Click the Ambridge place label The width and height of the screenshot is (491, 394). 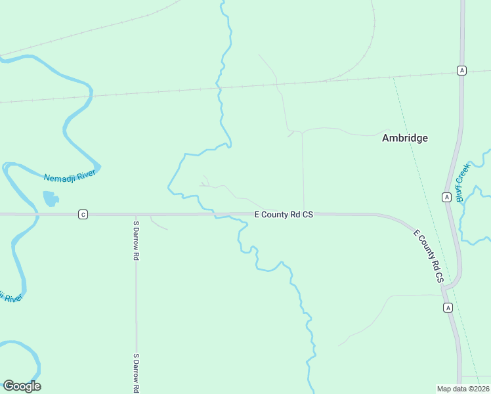click(x=405, y=138)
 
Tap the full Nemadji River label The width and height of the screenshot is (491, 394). click(x=70, y=176)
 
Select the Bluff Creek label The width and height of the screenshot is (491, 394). click(x=463, y=182)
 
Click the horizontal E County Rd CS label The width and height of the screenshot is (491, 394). click(x=284, y=214)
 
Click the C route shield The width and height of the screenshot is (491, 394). click(x=83, y=214)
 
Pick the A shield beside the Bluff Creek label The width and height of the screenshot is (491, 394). click(x=446, y=197)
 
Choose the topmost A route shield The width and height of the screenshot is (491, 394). click(x=462, y=71)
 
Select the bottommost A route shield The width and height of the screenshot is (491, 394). click(x=448, y=307)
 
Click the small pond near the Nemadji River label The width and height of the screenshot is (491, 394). click(x=50, y=198)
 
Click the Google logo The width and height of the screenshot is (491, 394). click(x=22, y=386)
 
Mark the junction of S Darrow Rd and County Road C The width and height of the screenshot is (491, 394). click(x=136, y=214)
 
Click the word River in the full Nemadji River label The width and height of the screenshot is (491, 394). click(x=85, y=173)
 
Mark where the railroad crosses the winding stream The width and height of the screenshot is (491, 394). click(x=220, y=87)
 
